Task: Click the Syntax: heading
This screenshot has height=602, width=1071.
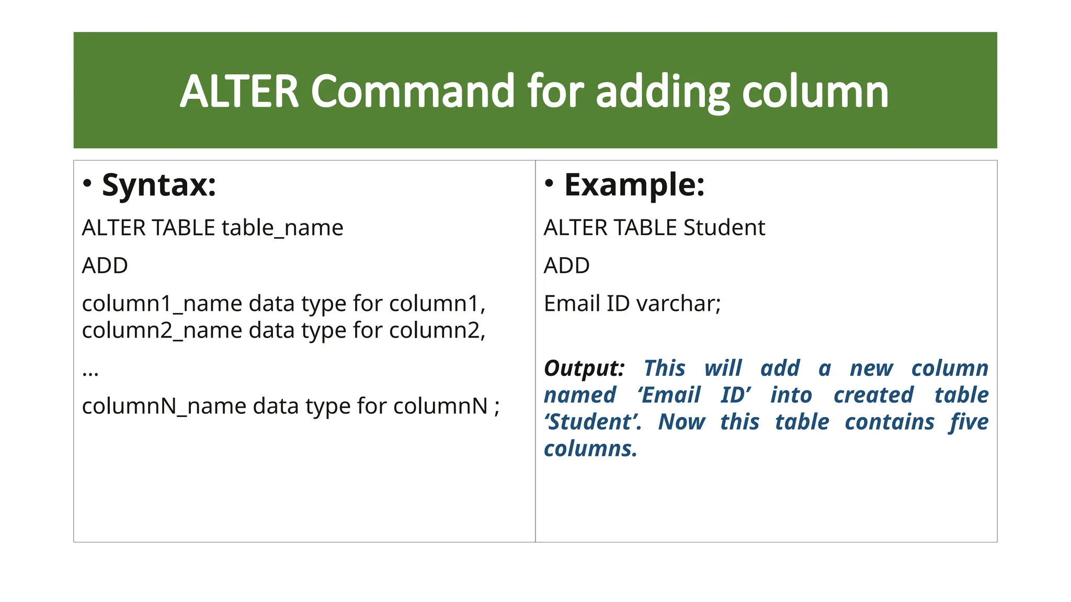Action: pyautogui.click(x=159, y=185)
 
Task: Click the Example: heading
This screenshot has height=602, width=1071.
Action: pyautogui.click(x=634, y=185)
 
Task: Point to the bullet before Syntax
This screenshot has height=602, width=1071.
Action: pyautogui.click(x=87, y=183)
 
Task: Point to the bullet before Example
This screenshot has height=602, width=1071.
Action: pyautogui.click(x=549, y=183)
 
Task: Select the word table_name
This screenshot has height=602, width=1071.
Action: pyautogui.click(x=282, y=228)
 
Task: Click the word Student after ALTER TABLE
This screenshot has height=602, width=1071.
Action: pyautogui.click(x=724, y=228)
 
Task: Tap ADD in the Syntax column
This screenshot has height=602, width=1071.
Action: pyautogui.click(x=105, y=266)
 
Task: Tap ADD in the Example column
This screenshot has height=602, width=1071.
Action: pyautogui.click(x=566, y=266)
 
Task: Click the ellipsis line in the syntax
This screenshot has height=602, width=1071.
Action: pyautogui.click(x=90, y=372)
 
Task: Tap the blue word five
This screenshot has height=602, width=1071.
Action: pyautogui.click(x=969, y=422)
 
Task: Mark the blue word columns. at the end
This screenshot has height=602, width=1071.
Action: pyautogui.click(x=590, y=449)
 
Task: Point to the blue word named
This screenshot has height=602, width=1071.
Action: pyautogui.click(x=580, y=395)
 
